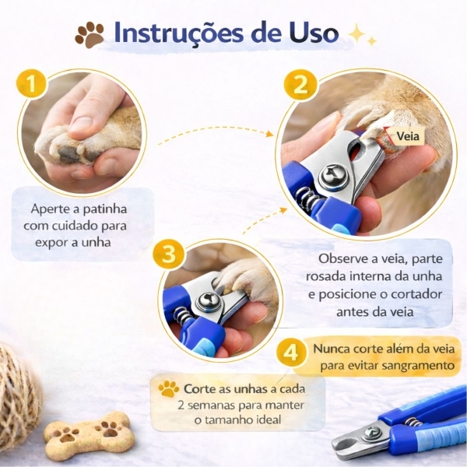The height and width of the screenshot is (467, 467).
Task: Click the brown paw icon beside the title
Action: [x=90, y=34]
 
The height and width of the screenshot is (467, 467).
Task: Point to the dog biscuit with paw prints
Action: [x=89, y=433]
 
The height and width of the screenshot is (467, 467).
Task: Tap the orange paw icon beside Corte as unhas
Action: [x=168, y=388]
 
